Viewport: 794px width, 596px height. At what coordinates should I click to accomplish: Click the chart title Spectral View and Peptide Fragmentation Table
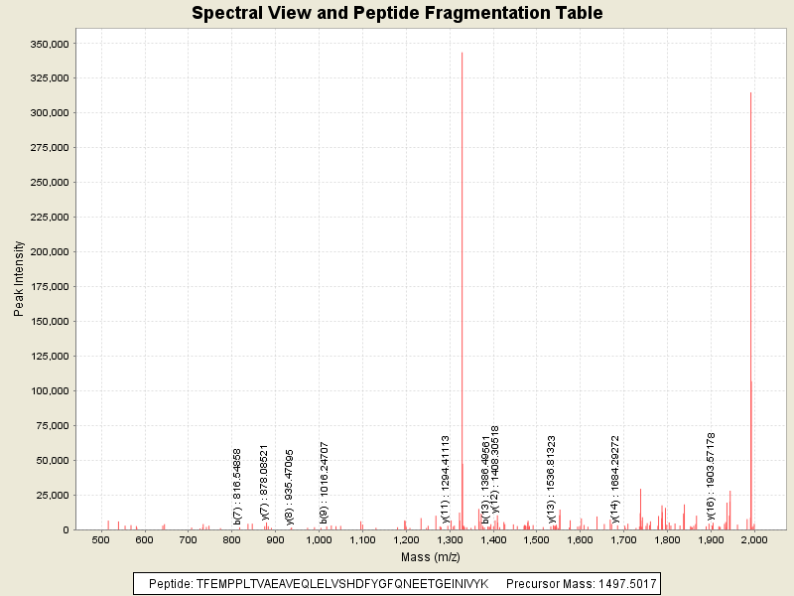pos(397,13)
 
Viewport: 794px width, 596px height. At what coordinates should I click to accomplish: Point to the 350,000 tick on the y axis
pos(48,44)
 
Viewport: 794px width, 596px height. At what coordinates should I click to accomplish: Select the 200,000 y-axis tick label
pos(48,252)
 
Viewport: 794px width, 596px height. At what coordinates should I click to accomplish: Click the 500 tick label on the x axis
pos(100,540)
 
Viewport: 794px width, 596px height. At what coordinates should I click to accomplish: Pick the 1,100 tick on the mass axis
pos(362,540)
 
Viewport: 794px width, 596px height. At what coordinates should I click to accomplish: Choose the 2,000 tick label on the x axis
pos(754,540)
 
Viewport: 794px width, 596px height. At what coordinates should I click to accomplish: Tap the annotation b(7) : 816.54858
pos(237,486)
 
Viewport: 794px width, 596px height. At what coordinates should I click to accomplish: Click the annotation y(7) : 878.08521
pos(265,482)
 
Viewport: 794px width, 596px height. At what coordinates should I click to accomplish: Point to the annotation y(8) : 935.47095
pos(290,486)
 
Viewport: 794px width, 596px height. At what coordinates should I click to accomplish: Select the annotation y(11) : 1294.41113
pos(446,479)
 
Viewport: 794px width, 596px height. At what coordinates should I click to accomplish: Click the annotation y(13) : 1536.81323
pos(551,479)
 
